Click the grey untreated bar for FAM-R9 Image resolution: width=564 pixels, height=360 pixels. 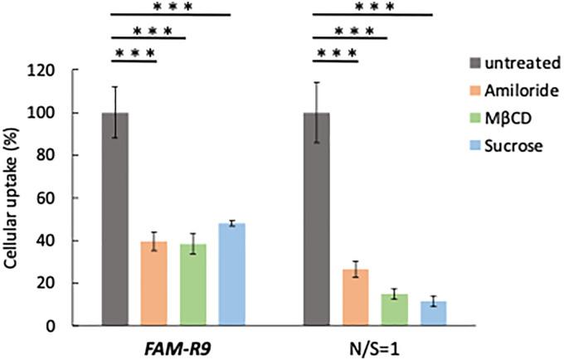pos(114,219)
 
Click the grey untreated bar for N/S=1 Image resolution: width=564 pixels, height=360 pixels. pos(317,219)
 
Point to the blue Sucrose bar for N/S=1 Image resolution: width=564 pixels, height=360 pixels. pos(434,314)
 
